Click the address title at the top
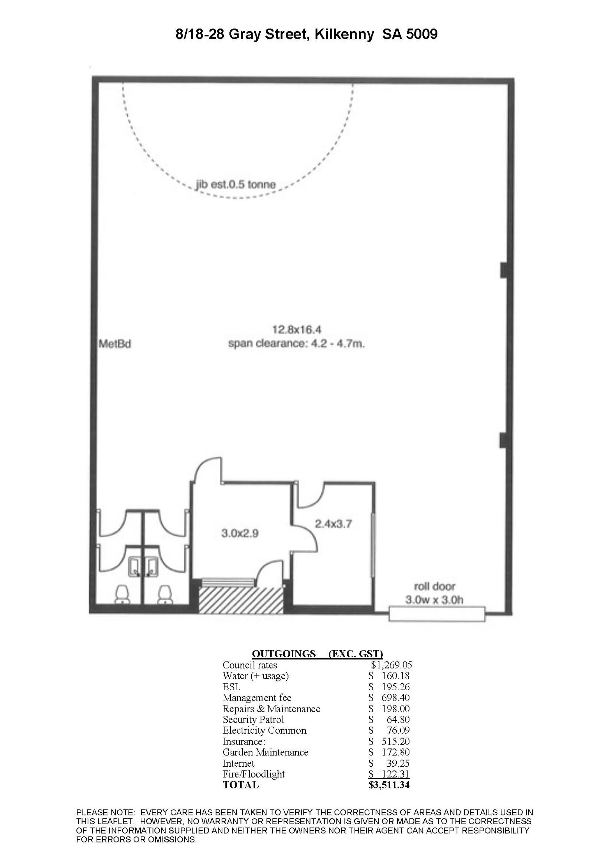coord(307,35)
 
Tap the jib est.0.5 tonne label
coord(236,184)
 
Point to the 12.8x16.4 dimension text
coord(297,330)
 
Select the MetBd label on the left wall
coord(114,344)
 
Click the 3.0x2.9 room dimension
coord(240,533)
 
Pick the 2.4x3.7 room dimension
coord(334,524)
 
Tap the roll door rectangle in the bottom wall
coord(437,614)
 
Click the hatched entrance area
coord(241,600)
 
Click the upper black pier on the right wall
coord(504,270)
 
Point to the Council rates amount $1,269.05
coord(391,665)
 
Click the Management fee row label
coord(257,698)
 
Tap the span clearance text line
coord(296,344)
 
